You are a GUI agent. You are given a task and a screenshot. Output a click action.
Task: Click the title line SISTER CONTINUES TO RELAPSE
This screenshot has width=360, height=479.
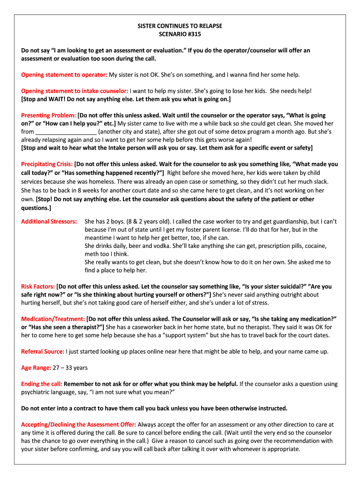click(180, 26)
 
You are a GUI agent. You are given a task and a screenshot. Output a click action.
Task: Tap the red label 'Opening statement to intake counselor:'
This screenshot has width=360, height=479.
click(75, 91)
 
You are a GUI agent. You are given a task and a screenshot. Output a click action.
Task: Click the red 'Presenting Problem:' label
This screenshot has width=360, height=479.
click(49, 116)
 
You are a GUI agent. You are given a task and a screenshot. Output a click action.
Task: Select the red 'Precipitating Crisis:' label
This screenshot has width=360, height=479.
click(47, 165)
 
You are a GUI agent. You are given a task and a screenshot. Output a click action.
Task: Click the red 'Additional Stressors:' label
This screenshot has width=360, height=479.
click(49, 221)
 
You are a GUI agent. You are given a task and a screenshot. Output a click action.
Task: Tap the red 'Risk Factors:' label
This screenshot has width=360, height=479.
click(38, 286)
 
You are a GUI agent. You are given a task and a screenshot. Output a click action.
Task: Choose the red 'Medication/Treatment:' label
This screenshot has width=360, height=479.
click(53, 319)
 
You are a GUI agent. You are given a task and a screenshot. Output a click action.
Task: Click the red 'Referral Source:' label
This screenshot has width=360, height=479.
click(43, 351)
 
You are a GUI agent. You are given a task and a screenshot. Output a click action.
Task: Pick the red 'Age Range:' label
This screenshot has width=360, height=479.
click(36, 368)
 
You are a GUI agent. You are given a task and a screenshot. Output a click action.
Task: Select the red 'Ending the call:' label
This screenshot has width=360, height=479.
click(42, 384)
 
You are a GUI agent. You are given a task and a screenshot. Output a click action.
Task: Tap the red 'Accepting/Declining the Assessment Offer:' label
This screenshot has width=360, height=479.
click(79, 425)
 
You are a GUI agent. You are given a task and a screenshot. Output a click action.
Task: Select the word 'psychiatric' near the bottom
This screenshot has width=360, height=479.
click(38, 392)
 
